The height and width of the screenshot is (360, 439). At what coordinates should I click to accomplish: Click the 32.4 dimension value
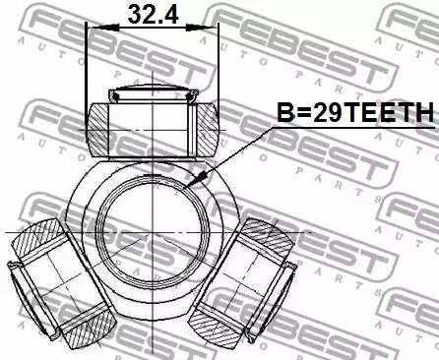point(153,15)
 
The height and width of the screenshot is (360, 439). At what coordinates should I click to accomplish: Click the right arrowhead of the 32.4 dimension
point(202,28)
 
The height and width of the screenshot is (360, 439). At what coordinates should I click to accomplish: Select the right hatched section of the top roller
point(208,130)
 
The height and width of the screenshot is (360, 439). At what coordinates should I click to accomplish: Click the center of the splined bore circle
point(154,232)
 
